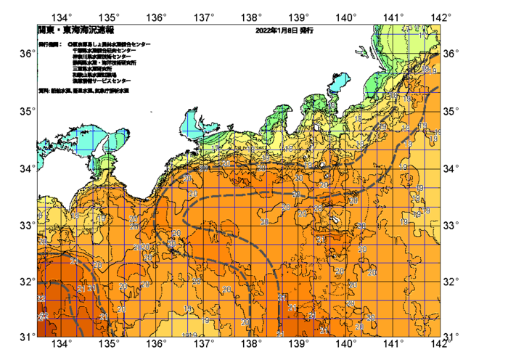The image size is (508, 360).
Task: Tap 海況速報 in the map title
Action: [x=90, y=31]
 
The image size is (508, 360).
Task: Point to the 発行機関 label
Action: [x=49, y=45]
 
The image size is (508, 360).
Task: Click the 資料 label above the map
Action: [x=43, y=91]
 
